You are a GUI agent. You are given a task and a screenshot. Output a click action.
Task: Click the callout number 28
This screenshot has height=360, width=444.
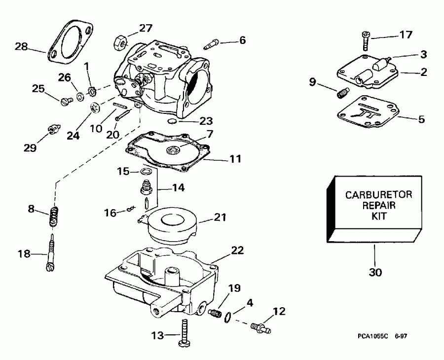click(x=21, y=47)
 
